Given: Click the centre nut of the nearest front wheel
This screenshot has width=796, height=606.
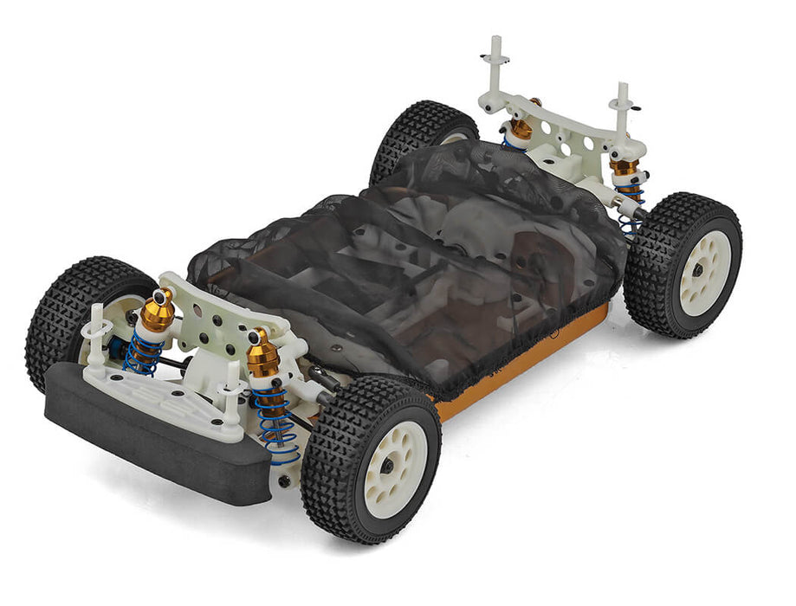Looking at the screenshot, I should [x=387, y=466].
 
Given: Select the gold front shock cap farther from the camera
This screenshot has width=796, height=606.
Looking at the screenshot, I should [x=158, y=310].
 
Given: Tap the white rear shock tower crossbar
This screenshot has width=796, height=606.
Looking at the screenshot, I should [x=563, y=121].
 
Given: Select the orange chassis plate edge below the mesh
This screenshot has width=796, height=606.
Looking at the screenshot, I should [x=520, y=364].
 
